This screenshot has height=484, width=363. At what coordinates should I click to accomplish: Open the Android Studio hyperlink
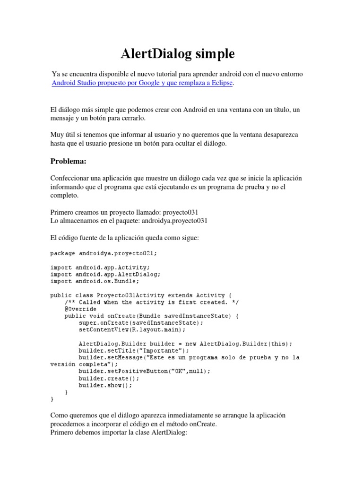click(x=76, y=83)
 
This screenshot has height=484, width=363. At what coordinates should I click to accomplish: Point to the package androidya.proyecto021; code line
click(x=103, y=253)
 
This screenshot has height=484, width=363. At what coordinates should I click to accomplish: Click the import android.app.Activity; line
click(x=100, y=267)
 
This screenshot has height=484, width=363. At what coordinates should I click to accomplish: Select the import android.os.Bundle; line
click(x=95, y=281)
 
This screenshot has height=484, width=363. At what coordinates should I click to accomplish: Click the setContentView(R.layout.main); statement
click(x=132, y=330)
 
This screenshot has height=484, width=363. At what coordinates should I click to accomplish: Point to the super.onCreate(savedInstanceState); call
click(x=141, y=323)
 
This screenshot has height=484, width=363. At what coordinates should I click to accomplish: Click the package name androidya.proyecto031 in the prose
click(x=173, y=220)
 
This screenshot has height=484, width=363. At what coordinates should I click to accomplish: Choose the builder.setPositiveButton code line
click(x=145, y=372)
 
